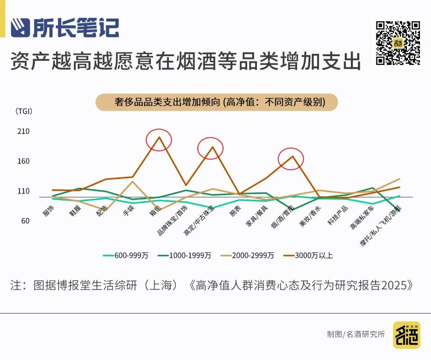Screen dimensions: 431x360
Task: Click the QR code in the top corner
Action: (x=398, y=43)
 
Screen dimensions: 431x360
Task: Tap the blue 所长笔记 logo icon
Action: (x=20, y=28)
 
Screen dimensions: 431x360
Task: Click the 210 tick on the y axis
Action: (x=24, y=131)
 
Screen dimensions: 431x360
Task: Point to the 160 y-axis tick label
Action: (x=24, y=161)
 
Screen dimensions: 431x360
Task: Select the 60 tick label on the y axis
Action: (x=25, y=221)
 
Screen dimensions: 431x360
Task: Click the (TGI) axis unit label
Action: (x=24, y=111)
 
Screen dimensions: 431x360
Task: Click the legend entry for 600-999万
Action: (x=126, y=256)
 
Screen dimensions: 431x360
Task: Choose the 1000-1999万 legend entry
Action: (x=184, y=256)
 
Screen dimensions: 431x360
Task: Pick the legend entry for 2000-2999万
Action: (x=247, y=256)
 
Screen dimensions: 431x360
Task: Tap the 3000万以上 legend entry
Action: (x=308, y=256)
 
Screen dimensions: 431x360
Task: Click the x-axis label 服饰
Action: (x=49, y=210)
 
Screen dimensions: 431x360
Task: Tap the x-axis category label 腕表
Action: (x=235, y=210)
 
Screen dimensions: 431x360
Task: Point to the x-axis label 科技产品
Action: (x=338, y=215)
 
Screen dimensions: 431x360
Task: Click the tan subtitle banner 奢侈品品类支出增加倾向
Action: (x=217, y=102)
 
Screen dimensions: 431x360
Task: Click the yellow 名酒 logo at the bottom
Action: (x=407, y=335)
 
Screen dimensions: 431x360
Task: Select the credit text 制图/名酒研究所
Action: (x=356, y=334)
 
